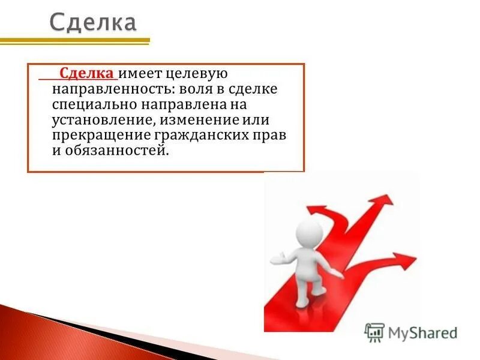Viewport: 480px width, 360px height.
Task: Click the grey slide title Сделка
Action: pyautogui.click(x=92, y=23)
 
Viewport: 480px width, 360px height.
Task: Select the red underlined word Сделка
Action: pyautogui.click(x=87, y=74)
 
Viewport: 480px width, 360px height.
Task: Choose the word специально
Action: pyautogui.click(x=92, y=105)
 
